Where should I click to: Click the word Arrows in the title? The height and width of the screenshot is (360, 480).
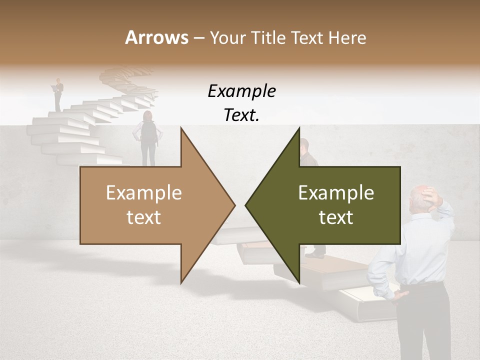click(x=156, y=37)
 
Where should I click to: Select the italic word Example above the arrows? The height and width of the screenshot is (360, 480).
click(x=241, y=91)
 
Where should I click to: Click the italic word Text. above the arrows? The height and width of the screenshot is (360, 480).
click(x=241, y=115)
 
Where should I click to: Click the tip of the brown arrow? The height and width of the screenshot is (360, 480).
click(x=234, y=205)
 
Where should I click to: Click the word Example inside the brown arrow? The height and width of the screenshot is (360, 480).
click(x=143, y=193)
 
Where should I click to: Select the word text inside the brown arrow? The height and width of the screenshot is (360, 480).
click(x=143, y=217)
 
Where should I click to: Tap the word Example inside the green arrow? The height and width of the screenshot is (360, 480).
click(x=336, y=193)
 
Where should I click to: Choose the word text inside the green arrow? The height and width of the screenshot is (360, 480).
click(x=336, y=217)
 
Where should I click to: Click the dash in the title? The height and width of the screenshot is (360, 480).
click(x=198, y=38)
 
